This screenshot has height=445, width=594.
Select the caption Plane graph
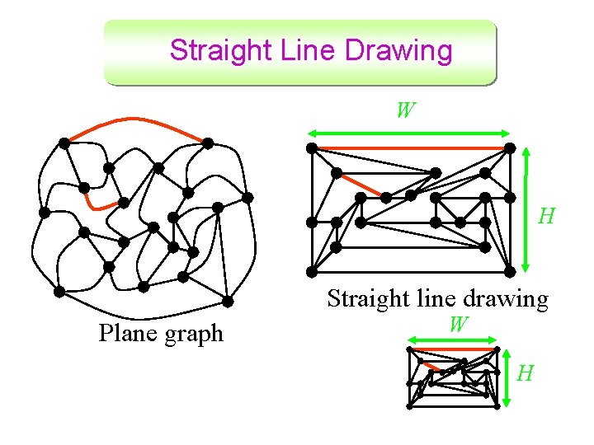161,334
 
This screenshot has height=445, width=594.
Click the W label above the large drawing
404,110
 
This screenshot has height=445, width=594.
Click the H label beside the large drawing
546,217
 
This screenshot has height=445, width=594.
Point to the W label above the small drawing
459,324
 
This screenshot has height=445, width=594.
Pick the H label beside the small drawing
526,375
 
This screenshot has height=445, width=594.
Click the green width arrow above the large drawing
408,132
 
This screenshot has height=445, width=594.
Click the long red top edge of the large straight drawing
411,148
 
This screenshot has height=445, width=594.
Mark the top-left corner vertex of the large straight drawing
312,148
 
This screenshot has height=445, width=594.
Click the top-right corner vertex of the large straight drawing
510,148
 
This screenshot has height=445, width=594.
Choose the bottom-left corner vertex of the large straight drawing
312,272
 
